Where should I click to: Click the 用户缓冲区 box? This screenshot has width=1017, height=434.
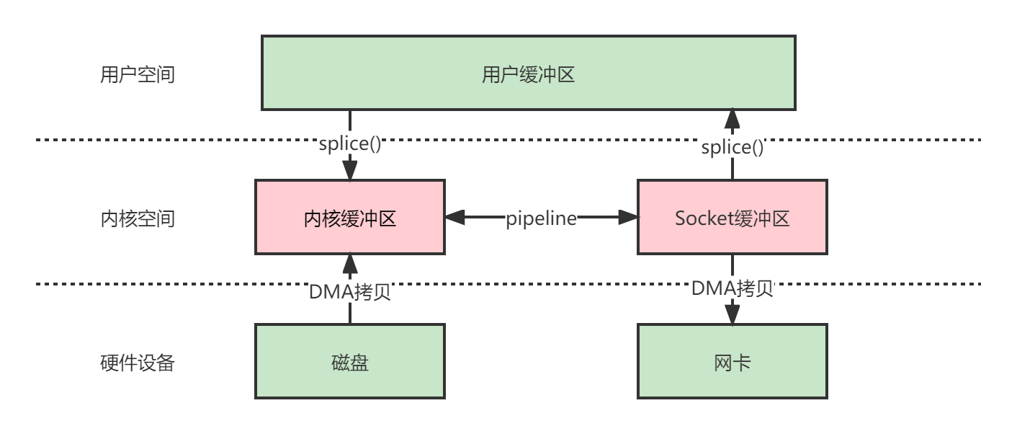pos(529,73)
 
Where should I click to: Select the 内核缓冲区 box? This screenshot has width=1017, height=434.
pos(350,217)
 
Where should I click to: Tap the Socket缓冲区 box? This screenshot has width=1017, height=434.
pos(732,217)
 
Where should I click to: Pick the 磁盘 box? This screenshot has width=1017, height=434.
pos(350,361)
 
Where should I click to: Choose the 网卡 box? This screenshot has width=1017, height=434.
pos(732,361)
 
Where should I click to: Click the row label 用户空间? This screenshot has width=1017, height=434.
pos(138,74)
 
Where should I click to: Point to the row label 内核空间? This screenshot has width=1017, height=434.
pos(138,218)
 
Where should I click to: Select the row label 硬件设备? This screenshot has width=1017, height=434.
pos(138,363)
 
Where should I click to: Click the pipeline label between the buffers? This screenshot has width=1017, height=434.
pos(541,218)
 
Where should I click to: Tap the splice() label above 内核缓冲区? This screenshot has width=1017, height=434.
pos(350,143)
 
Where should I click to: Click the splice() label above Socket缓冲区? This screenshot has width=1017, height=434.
pos(732,147)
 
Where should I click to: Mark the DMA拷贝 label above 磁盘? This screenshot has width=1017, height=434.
pos(350,292)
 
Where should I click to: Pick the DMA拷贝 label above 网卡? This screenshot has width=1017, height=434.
pos(732,288)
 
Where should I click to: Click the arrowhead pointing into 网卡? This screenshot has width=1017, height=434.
pos(732,314)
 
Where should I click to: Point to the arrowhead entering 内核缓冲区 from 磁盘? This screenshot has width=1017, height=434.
pos(350,264)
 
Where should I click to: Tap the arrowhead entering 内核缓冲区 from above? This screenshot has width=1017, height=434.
pos(350,170)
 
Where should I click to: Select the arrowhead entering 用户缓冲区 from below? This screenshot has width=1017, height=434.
pos(732,119)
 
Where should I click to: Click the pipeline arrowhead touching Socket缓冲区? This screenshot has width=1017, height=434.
pos(628,217)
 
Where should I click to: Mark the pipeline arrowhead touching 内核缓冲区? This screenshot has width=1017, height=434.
pos(455,217)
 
